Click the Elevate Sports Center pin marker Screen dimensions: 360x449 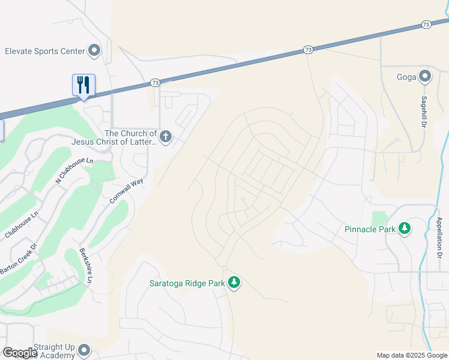pyautogui.click(x=94, y=51)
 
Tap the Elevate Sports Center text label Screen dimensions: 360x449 pyautogui.click(x=44, y=51)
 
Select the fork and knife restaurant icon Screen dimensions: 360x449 pyautogui.click(x=83, y=85)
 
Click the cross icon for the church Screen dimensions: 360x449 pyautogui.click(x=165, y=137)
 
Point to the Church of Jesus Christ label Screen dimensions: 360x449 pyautogui.click(x=113, y=137)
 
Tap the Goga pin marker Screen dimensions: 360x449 pyautogui.click(x=425, y=76)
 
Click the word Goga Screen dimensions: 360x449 pyautogui.click(x=407, y=77)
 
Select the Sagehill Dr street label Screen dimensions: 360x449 pyautogui.click(x=424, y=111)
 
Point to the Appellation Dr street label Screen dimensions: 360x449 pyautogui.click(x=439, y=238)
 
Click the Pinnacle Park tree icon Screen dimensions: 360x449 pyautogui.click(x=405, y=229)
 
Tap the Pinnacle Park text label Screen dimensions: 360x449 pyautogui.click(x=370, y=229)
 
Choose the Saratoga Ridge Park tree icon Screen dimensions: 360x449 pyautogui.click(x=234, y=283)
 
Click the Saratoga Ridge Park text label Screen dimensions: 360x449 pyautogui.click(x=187, y=283)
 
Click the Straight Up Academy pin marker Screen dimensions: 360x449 pyautogui.click(x=84, y=350)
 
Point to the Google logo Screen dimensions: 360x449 pyautogui.click(x=20, y=353)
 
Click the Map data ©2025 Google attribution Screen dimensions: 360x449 pyautogui.click(x=411, y=355)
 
